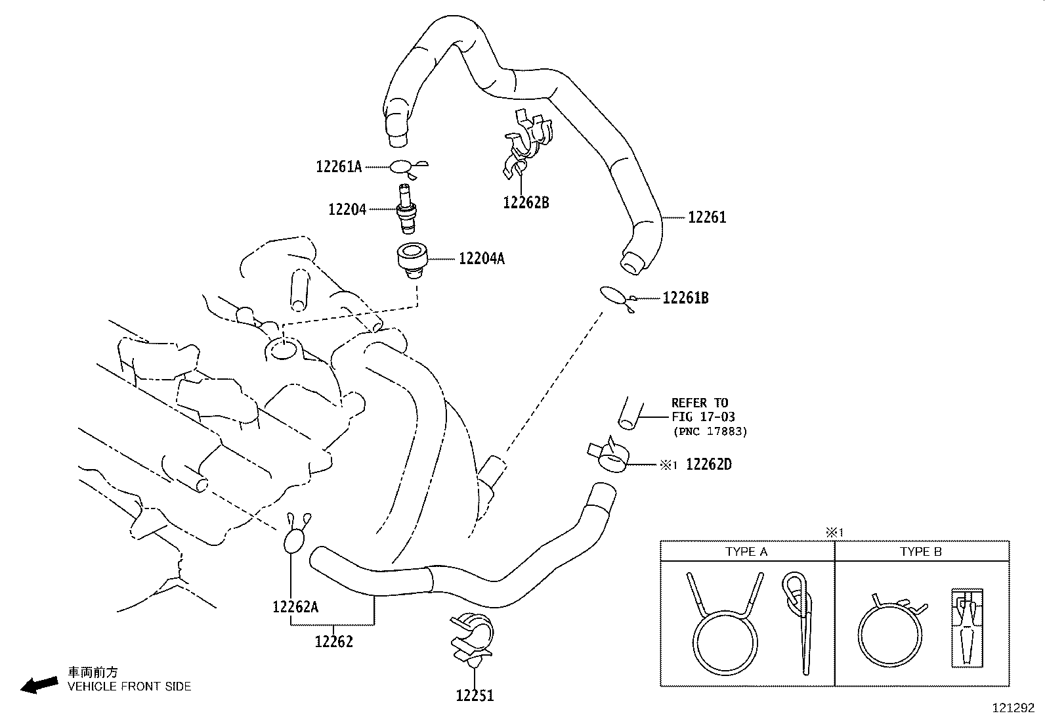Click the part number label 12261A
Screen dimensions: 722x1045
point(339,167)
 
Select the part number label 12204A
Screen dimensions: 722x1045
point(481,259)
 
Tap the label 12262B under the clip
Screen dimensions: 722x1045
point(526,202)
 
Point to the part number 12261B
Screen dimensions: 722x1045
point(685,298)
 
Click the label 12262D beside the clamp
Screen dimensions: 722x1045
point(708,464)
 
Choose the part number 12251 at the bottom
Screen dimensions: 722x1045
point(475,695)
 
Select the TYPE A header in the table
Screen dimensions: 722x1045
point(746,552)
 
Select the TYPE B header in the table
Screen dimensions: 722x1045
point(921,552)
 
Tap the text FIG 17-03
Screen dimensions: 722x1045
point(702,417)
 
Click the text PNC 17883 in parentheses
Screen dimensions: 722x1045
point(710,432)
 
